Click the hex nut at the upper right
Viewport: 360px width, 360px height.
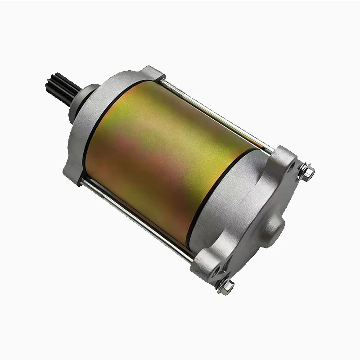point(308,171)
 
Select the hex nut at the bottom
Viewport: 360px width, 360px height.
point(227,286)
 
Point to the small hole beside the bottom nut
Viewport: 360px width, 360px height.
point(217,272)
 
